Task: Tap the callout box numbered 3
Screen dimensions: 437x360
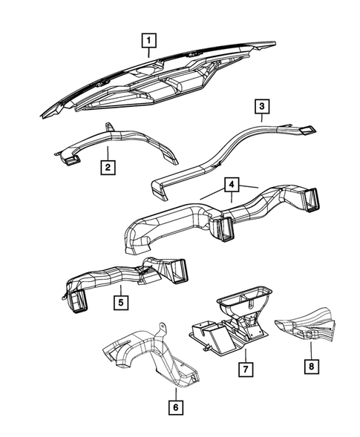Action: tap(262, 108)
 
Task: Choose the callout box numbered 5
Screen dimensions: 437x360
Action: tap(119, 302)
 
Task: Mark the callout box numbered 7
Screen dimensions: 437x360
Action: tap(243, 367)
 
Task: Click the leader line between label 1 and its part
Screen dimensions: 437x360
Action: tap(150, 52)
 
